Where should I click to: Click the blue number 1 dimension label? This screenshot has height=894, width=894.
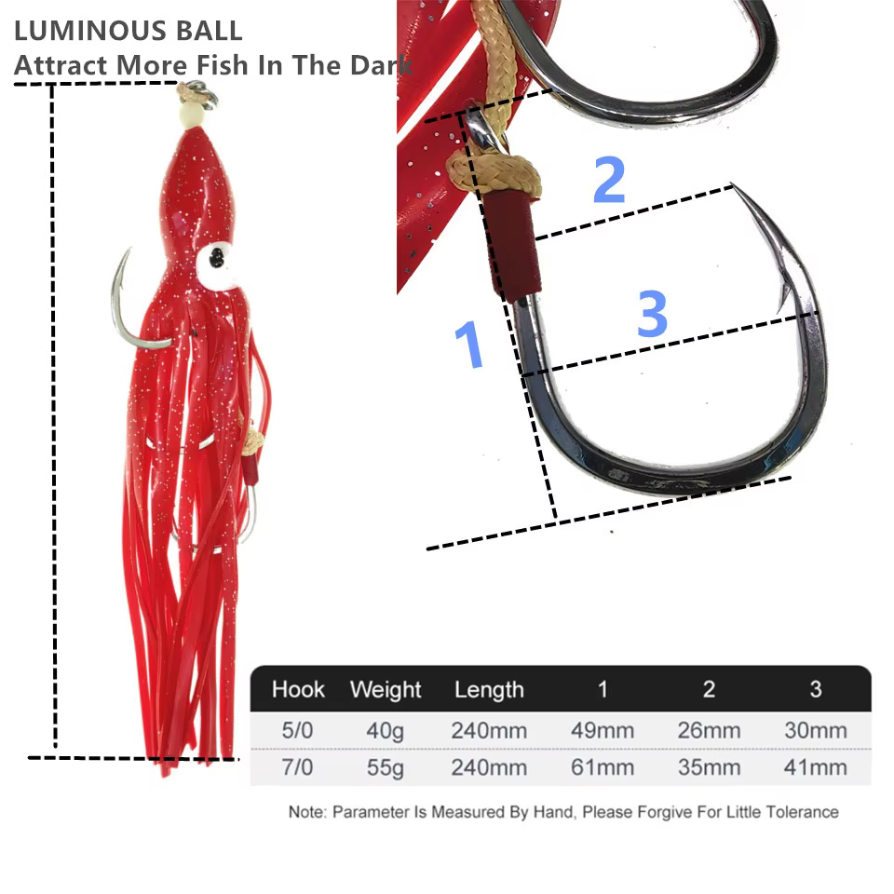(x=468, y=344)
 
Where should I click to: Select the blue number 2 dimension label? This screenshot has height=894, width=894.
(x=609, y=179)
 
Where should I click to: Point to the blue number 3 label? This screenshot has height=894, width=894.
(x=652, y=313)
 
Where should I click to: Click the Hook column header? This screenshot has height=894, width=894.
(x=298, y=689)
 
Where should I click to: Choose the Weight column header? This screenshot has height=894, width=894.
(x=386, y=690)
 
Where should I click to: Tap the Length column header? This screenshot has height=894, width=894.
(x=489, y=690)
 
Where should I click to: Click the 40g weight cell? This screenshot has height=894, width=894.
(x=385, y=731)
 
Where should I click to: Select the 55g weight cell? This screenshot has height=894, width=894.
(x=385, y=767)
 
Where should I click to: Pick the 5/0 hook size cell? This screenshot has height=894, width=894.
(x=297, y=730)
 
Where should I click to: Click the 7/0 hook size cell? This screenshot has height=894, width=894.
(x=297, y=767)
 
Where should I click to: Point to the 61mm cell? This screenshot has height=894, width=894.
(x=603, y=767)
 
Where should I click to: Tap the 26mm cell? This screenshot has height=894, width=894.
(x=710, y=730)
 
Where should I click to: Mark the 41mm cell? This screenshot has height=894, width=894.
(x=816, y=767)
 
